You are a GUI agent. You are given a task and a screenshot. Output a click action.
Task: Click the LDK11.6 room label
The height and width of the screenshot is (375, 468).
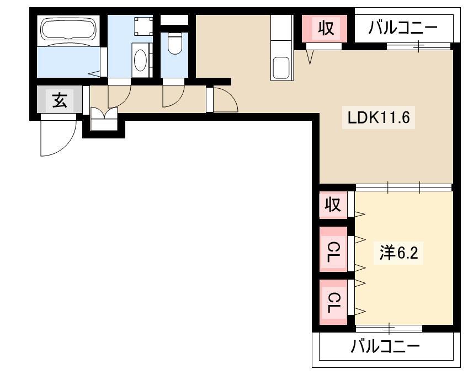[x=379, y=117]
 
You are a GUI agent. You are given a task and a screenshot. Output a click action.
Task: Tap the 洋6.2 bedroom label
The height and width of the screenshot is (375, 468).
[x=398, y=253]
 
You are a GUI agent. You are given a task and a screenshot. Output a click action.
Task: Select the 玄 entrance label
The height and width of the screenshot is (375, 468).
[x=60, y=100]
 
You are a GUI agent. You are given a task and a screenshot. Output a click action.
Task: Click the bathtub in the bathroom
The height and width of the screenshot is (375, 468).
[x=68, y=29]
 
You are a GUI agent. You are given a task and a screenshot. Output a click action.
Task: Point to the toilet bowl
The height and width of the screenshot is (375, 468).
[x=174, y=44]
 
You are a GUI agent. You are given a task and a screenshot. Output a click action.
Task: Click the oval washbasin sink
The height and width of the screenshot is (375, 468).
[x=140, y=60]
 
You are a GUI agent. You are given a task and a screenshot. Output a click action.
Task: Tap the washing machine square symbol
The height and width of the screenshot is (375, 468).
[x=143, y=26]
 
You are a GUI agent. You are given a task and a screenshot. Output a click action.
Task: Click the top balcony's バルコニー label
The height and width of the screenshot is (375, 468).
[x=403, y=28]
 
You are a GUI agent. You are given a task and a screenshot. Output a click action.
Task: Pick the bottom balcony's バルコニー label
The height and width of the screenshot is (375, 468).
[x=385, y=347]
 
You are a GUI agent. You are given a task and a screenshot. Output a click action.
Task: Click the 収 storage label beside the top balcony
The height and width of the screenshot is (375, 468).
[x=325, y=28]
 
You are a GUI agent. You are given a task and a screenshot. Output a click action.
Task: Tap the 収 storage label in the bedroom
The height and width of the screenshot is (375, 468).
[x=333, y=205]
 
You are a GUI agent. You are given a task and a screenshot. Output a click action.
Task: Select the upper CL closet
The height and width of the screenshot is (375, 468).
[x=333, y=249]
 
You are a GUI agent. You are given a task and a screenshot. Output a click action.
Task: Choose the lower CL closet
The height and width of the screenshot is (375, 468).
[x=333, y=302]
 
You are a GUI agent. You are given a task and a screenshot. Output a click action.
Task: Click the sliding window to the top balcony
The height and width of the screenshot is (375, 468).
[x=418, y=46]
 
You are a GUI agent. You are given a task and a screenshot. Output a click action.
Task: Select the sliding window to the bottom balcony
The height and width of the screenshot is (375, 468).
[x=389, y=328]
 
